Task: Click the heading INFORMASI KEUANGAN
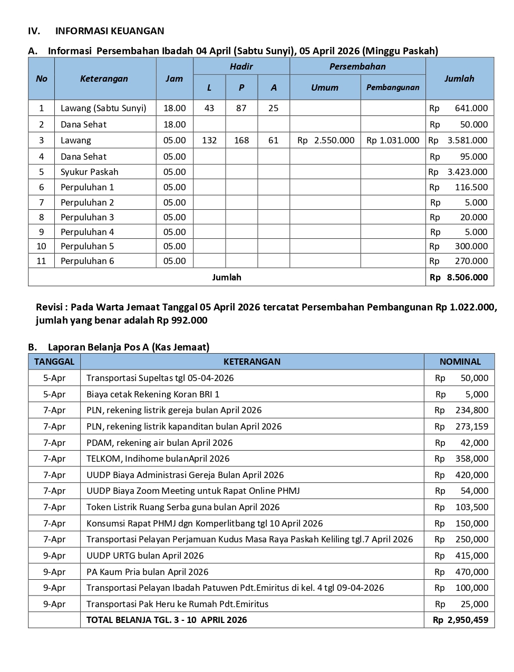pyautogui.click(x=110, y=31)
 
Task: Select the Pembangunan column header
pyautogui.click(x=393, y=87)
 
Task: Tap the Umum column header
pyautogui.click(x=325, y=87)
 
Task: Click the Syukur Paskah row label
pyautogui.click(x=90, y=172)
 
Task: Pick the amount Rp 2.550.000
pyautogui.click(x=326, y=140)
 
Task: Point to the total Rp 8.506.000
pyautogui.click(x=459, y=277)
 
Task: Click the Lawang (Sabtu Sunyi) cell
pyautogui.click(x=103, y=108)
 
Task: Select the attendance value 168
pyautogui.click(x=241, y=140)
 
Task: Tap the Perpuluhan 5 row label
pyautogui.click(x=88, y=246)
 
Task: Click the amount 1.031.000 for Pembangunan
pyautogui.click(x=393, y=140)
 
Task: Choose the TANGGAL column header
pyautogui.click(x=54, y=362)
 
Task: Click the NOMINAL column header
pyautogui.click(x=460, y=362)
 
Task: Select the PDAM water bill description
pyautogui.click(x=159, y=443)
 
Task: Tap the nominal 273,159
pyautogui.click(x=471, y=426)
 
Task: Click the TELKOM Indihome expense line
pyautogui.click(x=158, y=459)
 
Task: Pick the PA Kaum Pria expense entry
pyautogui.click(x=147, y=572)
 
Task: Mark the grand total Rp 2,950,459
pyautogui.click(x=460, y=620)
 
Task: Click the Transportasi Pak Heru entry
pyautogui.click(x=177, y=604)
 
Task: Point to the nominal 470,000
pyautogui.click(x=471, y=572)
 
